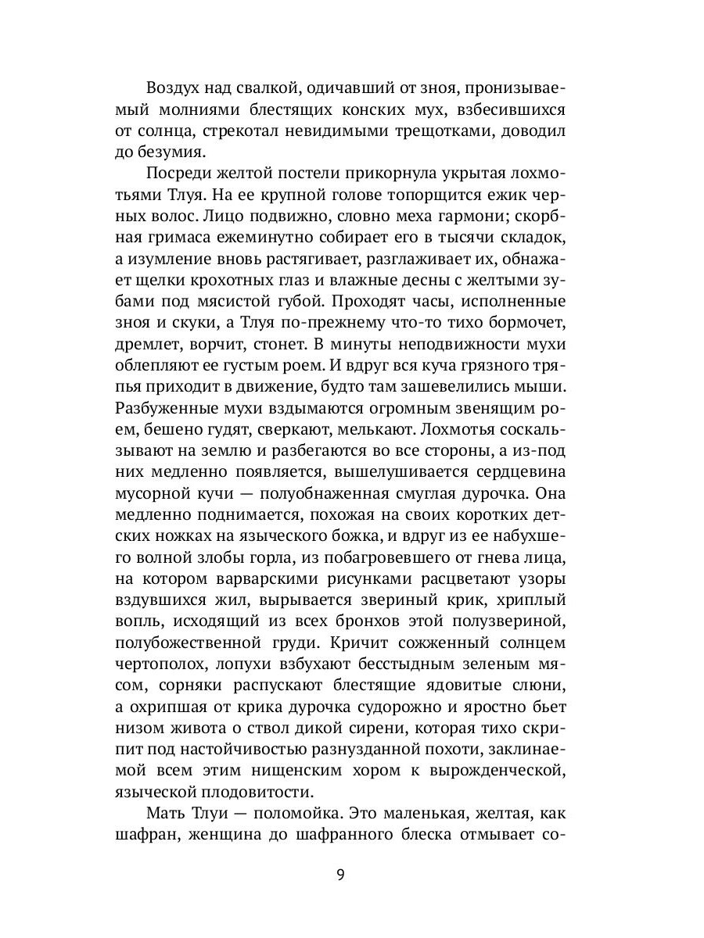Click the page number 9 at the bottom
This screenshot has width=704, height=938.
[x=340, y=874]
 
